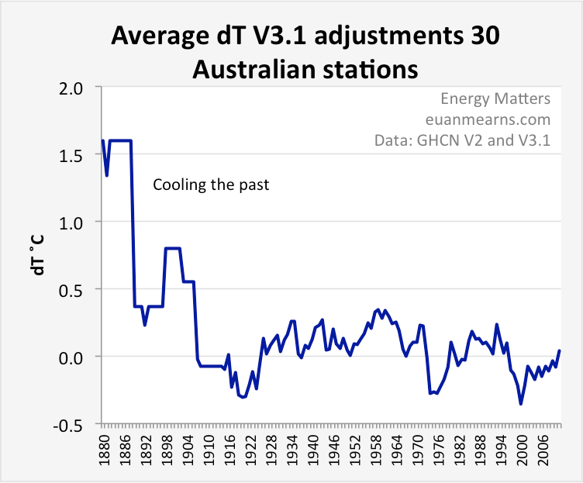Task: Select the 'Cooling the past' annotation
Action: [210, 185]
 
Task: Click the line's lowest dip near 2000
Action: [521, 403]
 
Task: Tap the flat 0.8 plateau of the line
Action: [173, 249]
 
